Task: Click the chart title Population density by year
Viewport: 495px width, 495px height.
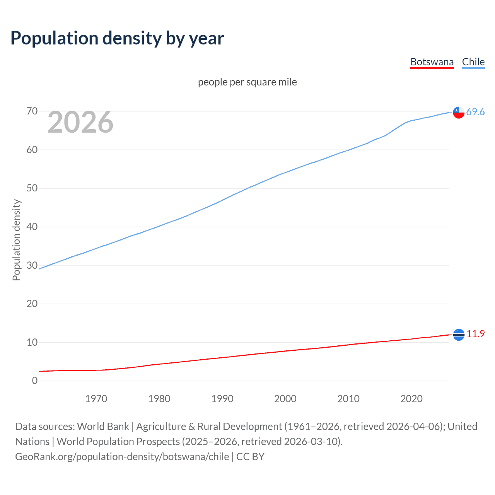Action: point(117,38)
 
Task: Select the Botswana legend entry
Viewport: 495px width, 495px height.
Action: point(432,62)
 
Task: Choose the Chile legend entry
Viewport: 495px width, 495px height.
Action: point(473,62)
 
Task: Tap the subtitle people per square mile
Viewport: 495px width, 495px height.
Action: point(247,82)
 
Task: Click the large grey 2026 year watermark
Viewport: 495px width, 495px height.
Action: point(80,122)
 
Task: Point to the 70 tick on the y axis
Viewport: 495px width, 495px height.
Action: point(32,111)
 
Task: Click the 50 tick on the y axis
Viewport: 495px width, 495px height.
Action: point(32,188)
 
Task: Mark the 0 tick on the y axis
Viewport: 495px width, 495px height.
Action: point(35,381)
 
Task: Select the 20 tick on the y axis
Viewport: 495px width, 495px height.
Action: point(32,304)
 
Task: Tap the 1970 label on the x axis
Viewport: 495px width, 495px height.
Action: point(96,399)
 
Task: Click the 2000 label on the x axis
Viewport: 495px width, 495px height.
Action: point(285,399)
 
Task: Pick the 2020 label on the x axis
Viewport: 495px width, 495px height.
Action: point(411,399)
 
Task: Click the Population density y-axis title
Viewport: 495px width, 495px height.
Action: point(16,240)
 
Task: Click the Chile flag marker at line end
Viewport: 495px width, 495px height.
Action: point(459,112)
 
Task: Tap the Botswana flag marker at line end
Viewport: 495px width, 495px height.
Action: point(459,335)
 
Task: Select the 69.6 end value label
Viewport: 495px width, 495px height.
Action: point(475,112)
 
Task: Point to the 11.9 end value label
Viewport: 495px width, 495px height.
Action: point(475,334)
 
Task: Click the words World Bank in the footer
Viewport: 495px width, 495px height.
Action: point(103,427)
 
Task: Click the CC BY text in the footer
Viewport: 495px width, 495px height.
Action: point(250,457)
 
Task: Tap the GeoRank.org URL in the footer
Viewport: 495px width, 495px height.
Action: point(122,457)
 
